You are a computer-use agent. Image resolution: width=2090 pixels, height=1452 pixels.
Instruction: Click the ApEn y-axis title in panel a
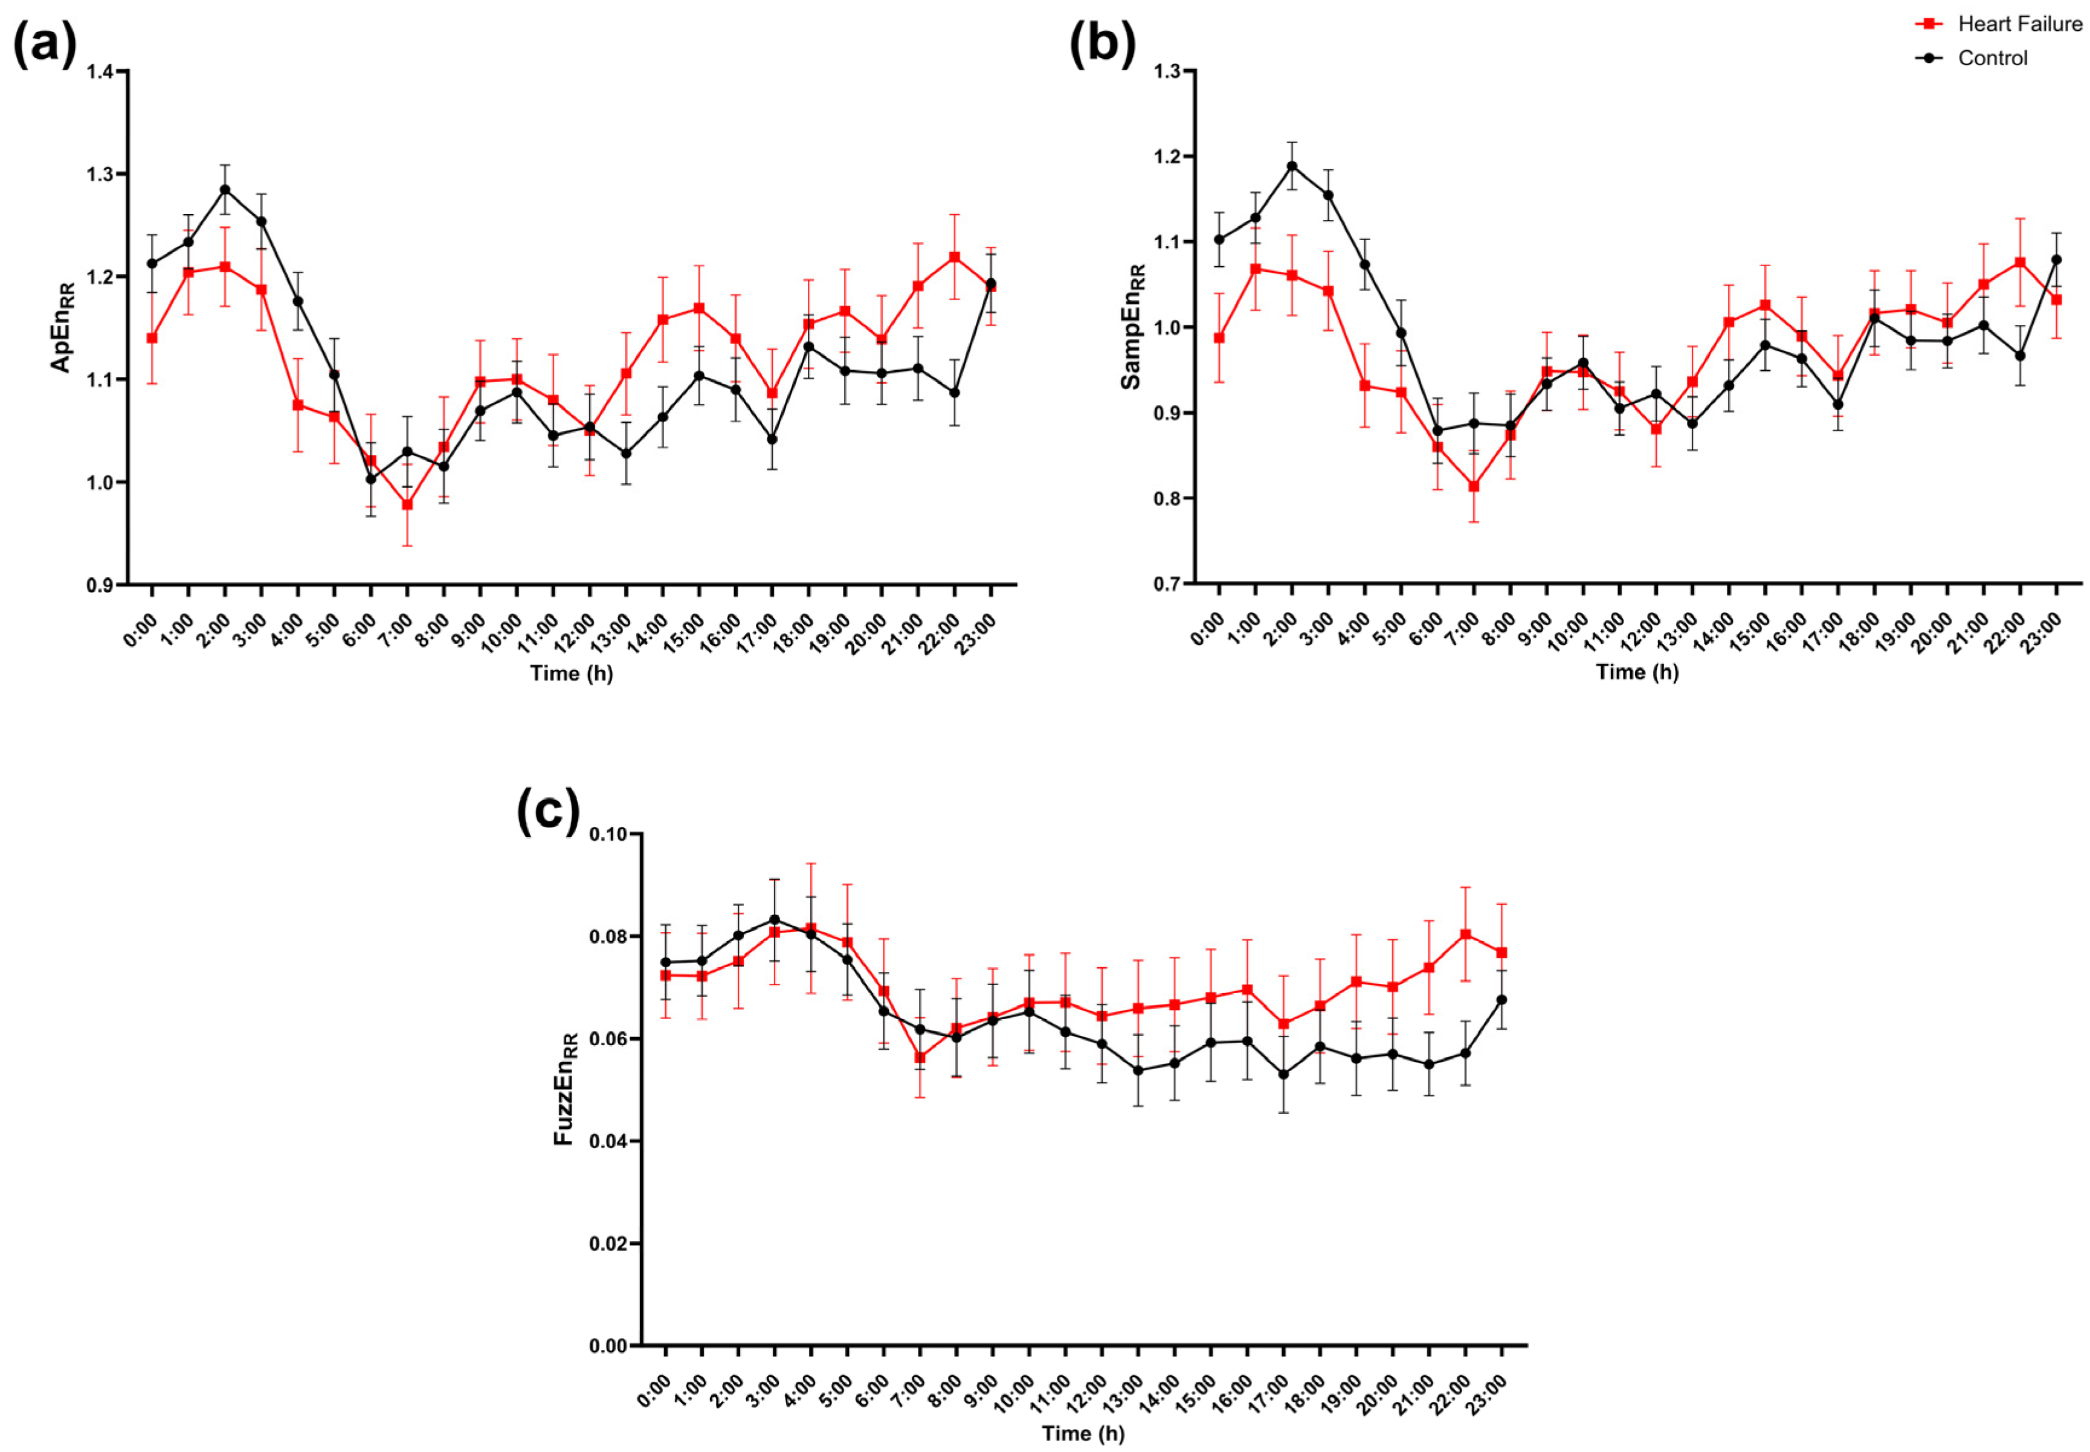click(x=62, y=327)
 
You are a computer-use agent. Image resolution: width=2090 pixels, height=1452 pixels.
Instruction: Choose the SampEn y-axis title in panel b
click(x=1132, y=327)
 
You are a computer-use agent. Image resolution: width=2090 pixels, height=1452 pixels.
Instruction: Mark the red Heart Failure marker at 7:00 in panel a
click(x=408, y=504)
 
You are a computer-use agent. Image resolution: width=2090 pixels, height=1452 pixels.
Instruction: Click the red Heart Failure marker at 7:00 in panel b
click(x=1474, y=486)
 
